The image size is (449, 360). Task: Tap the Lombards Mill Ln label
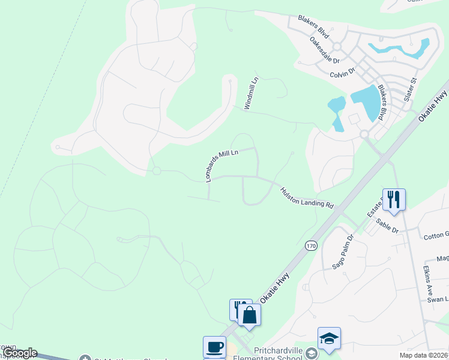[221, 164]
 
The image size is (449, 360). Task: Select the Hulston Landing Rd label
[306, 197]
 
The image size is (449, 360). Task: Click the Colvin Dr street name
[343, 73]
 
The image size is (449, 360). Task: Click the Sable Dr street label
[387, 226]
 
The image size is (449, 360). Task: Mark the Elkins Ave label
[428, 279]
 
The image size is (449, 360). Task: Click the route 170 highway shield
[310, 245]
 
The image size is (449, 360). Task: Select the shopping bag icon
[250, 315]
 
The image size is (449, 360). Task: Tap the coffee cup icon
[214, 347]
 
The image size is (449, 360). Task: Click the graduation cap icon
[329, 338]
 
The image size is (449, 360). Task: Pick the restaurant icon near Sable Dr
[394, 199]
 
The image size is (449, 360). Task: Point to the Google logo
[20, 353]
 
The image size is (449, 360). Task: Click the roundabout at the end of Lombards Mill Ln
[157, 171]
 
